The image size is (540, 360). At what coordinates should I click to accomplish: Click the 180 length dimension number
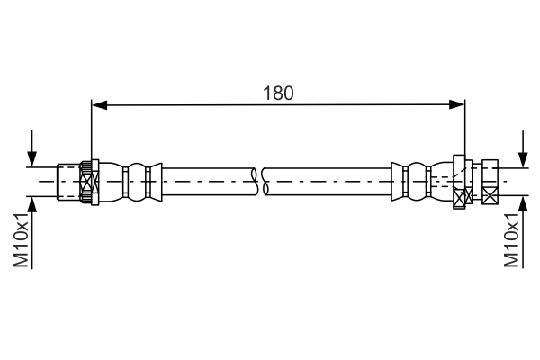tap(278, 92)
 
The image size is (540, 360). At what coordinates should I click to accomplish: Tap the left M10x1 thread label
tap(21, 240)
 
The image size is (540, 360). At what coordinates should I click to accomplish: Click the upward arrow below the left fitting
tap(33, 205)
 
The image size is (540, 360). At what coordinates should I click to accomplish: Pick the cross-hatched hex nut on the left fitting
tap(87, 183)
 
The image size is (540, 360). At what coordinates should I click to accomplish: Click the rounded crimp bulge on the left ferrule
tap(136, 181)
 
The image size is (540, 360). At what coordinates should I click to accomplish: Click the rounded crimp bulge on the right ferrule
tap(418, 181)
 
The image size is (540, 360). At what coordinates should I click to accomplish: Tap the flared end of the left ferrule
tap(157, 181)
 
